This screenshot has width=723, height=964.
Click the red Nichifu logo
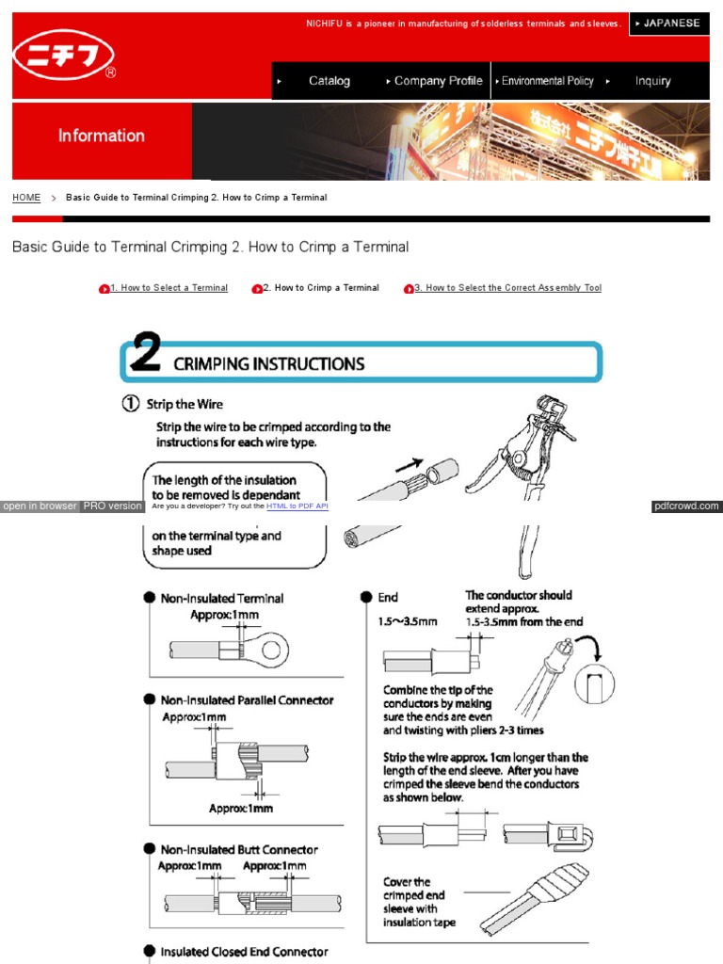[65, 57]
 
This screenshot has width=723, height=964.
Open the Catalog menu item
[329, 81]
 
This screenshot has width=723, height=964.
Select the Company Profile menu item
[438, 81]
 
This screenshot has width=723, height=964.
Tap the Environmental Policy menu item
[547, 81]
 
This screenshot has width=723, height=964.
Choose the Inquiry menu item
[652, 81]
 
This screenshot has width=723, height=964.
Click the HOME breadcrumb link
[26, 198]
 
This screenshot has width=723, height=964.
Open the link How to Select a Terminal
[169, 288]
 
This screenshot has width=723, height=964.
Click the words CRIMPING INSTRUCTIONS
[268, 363]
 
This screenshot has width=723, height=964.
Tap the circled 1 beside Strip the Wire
[132, 404]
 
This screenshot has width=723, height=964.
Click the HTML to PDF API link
[297, 506]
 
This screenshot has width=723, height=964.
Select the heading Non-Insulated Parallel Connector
[247, 700]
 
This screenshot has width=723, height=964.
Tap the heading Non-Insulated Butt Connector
[239, 849]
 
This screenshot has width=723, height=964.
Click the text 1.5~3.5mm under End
[408, 621]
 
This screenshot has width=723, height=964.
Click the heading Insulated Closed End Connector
[244, 952]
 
